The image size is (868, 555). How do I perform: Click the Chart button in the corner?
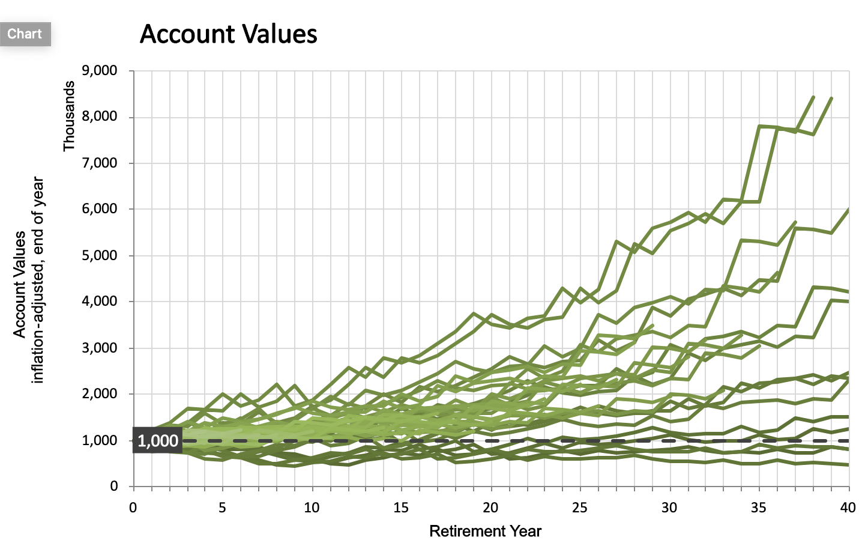tap(25, 34)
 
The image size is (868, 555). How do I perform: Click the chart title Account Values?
tap(228, 34)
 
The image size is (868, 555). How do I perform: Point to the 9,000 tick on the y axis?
tap(100, 71)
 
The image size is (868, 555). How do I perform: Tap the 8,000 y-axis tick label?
tap(100, 117)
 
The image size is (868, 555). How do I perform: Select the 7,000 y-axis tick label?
tap(100, 163)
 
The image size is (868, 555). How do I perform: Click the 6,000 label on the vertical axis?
tap(100, 209)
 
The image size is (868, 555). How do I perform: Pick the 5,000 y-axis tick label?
tap(100, 255)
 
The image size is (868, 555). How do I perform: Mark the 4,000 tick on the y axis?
tap(100, 302)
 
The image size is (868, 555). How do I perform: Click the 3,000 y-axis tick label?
tap(100, 348)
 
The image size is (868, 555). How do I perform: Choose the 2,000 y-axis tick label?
tap(100, 394)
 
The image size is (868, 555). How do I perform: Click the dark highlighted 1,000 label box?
tap(157, 441)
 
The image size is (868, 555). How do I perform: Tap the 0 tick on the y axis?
tap(113, 487)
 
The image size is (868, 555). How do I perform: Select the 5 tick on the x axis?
tap(222, 508)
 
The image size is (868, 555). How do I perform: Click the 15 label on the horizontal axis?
tap(401, 508)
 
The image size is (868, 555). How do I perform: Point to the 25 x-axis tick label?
tap(580, 508)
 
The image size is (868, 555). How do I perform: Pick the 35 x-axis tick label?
tap(759, 508)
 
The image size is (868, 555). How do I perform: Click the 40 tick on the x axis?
tap(848, 508)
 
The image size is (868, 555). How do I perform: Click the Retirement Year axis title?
tap(485, 532)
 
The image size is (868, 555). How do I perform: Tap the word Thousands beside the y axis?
tap(69, 117)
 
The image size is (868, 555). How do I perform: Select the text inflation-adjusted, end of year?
tap(38, 279)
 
